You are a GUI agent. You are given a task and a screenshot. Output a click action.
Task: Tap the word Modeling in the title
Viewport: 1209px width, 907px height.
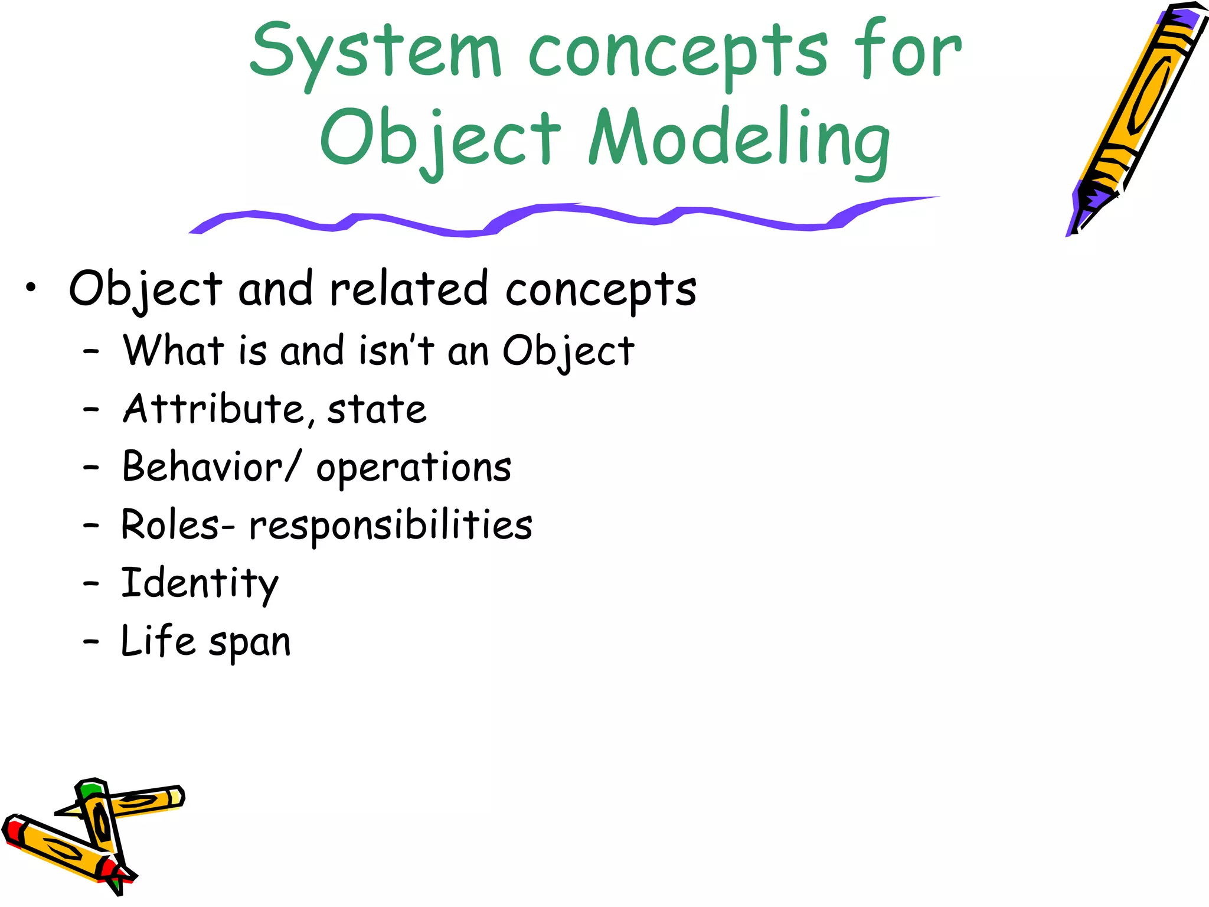pos(739,139)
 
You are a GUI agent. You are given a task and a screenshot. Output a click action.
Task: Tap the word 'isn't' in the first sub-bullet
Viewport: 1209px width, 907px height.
pos(396,350)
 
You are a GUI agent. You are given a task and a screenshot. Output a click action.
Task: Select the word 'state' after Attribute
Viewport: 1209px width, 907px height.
pos(377,409)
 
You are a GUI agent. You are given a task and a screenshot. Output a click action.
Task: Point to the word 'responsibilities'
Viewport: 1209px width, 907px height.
pos(390,525)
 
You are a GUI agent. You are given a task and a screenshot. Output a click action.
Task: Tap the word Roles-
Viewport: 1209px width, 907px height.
pos(177,525)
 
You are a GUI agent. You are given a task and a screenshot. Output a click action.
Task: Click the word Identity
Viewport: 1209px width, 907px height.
pos(200,583)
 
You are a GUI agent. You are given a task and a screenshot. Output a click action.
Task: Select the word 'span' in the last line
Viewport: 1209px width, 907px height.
pos(250,642)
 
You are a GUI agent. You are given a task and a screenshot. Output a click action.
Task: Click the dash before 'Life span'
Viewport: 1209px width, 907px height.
pos(90,641)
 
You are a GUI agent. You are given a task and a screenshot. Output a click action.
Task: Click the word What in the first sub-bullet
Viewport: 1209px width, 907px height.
pos(174,350)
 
